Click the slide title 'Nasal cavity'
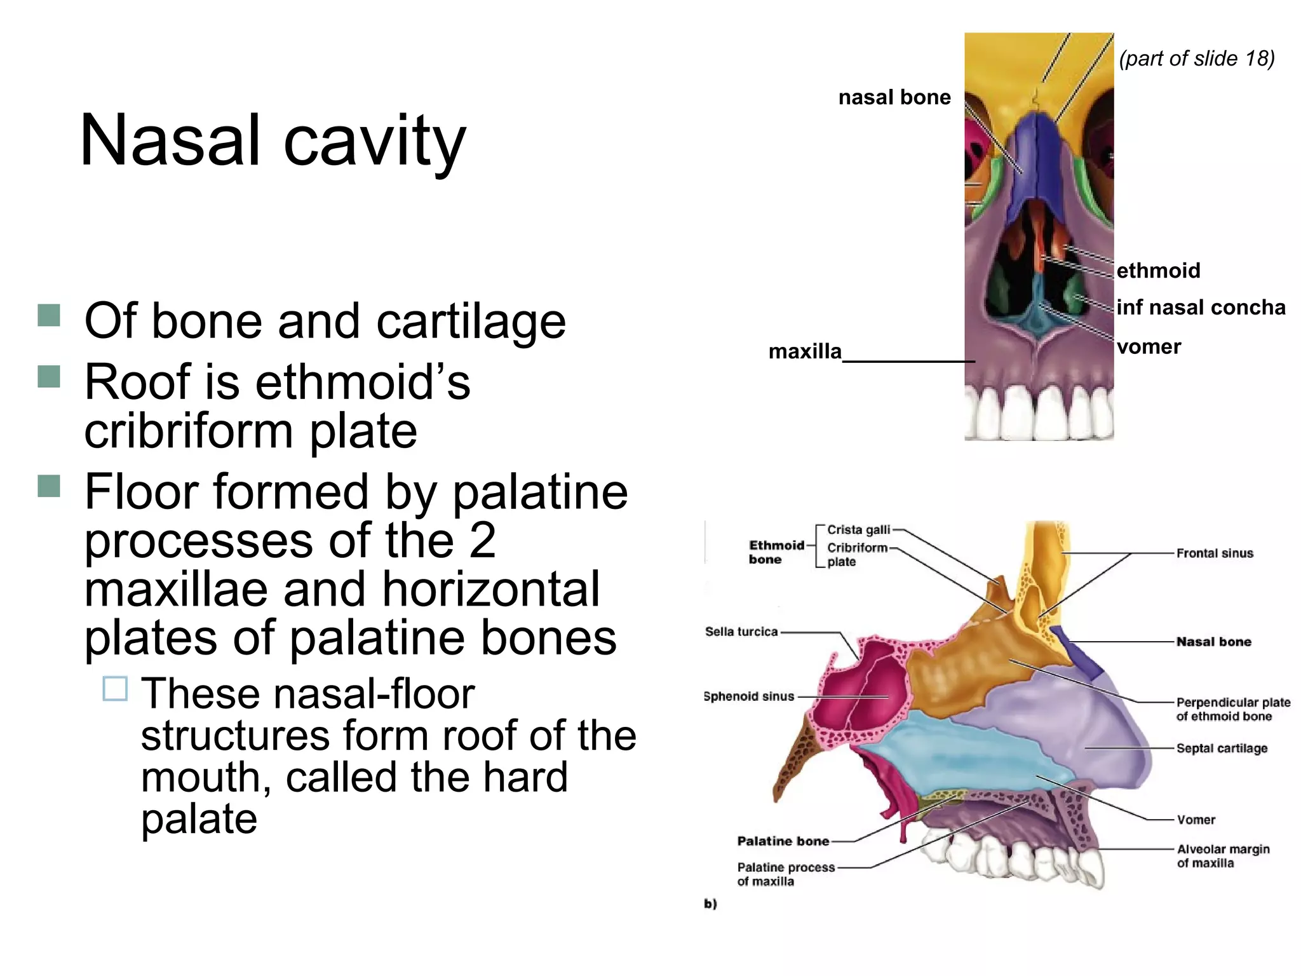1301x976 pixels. [x=273, y=141]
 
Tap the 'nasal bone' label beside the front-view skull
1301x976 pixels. [x=894, y=97]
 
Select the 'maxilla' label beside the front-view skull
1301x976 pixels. [x=805, y=351]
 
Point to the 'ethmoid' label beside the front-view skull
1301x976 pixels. [x=1159, y=271]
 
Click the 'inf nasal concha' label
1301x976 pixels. [x=1201, y=308]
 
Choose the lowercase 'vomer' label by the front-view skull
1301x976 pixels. [x=1149, y=347]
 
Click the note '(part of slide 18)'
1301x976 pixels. [x=1197, y=58]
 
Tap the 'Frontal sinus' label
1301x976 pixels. [x=1215, y=553]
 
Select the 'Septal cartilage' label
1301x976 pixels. [x=1222, y=749]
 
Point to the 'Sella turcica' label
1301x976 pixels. [x=741, y=632]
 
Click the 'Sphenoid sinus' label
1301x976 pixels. [x=749, y=696]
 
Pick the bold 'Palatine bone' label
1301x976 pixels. [x=783, y=841]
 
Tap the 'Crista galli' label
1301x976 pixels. [x=858, y=530]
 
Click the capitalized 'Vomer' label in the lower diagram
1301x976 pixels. [x=1196, y=820]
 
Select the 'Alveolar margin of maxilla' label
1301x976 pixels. [x=1223, y=856]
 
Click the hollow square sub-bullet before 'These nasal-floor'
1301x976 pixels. [x=115, y=689]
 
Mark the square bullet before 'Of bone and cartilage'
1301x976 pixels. [x=49, y=315]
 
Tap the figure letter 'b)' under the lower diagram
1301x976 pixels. [x=710, y=904]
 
